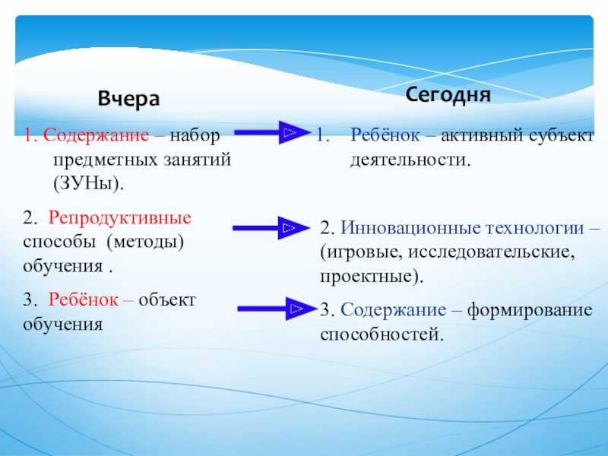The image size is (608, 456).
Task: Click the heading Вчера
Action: coord(128,100)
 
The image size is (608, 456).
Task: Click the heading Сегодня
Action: coord(447,95)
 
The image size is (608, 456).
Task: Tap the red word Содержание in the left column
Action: coord(83,137)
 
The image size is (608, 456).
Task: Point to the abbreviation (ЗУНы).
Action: coord(88,184)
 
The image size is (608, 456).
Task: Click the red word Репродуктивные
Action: coord(120,218)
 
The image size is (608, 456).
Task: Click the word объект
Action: coord(168,299)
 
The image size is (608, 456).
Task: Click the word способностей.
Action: coord(381,334)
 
